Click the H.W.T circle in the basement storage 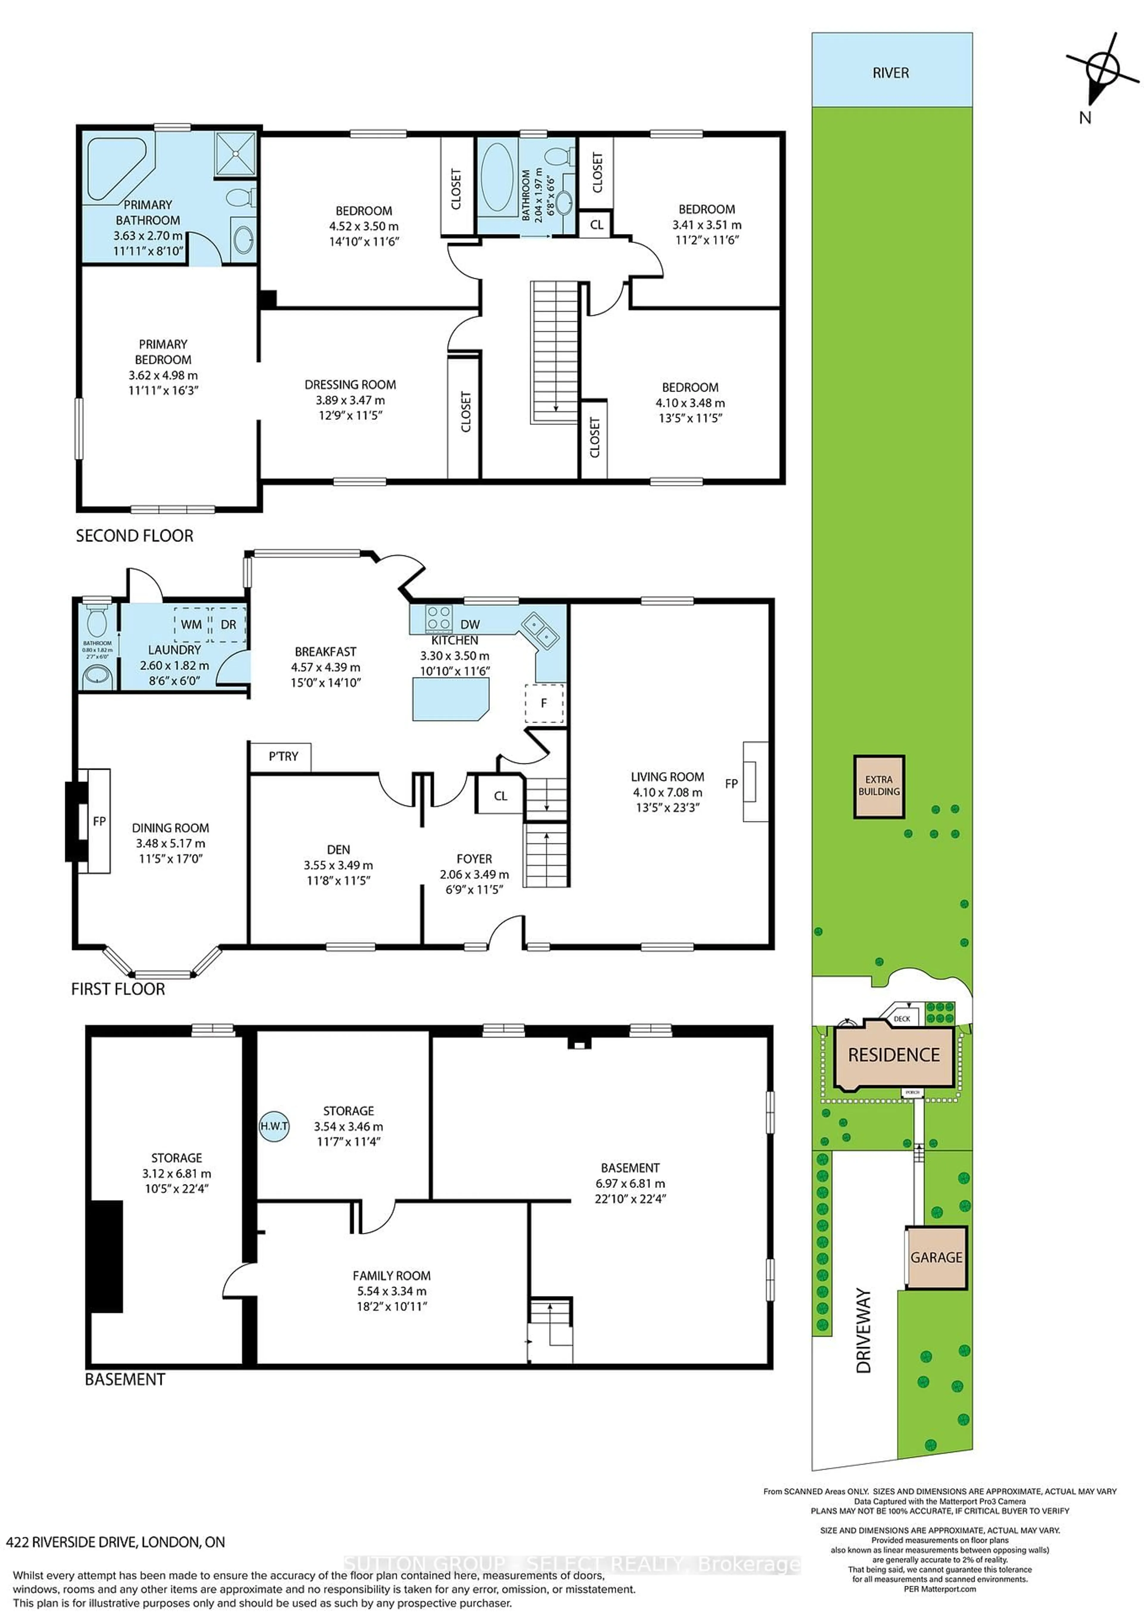point(274,1126)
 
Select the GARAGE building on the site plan point(936,1257)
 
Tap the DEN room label point(338,849)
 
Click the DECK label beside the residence point(902,1018)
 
